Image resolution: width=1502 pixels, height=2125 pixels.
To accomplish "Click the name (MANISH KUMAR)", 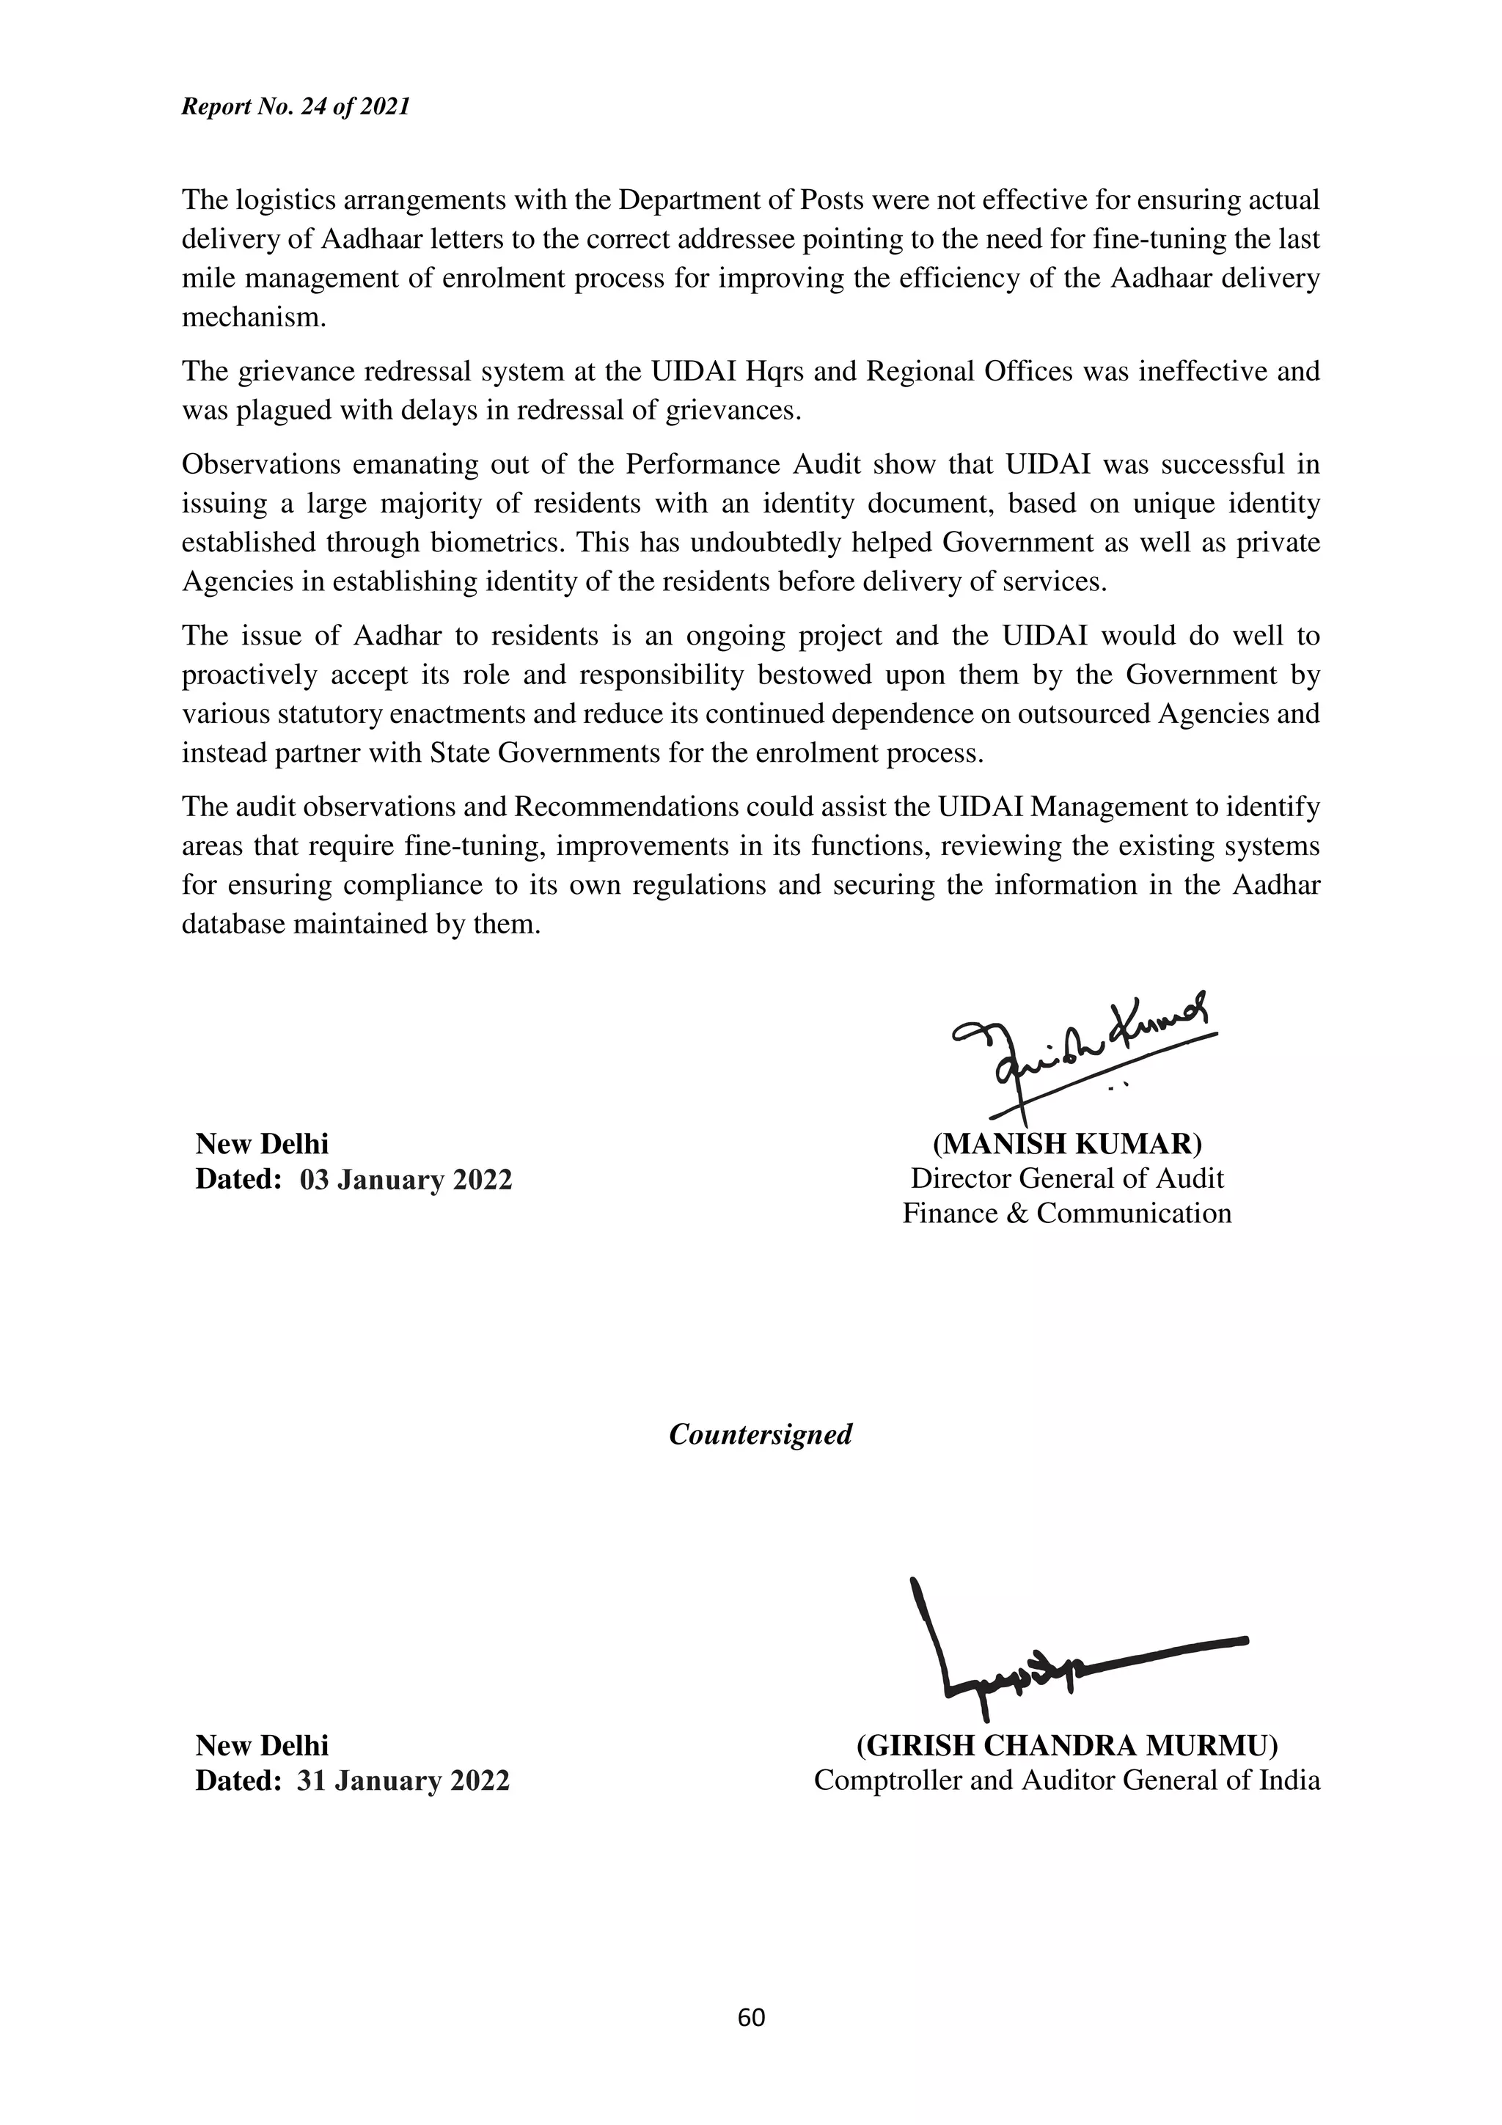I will [1066, 1144].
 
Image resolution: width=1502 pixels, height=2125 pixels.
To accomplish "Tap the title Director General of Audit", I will [1066, 1178].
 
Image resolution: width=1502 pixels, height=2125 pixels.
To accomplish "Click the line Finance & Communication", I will [1066, 1214].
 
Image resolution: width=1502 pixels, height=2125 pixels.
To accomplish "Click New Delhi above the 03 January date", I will [262, 1144].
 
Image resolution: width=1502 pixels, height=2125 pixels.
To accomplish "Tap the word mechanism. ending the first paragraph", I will [254, 318].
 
